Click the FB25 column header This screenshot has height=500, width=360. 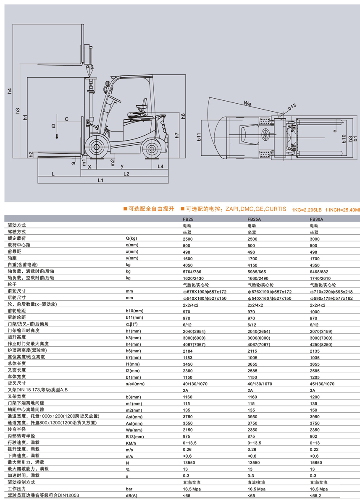(x=188, y=219)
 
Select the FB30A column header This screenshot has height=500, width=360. (x=316, y=219)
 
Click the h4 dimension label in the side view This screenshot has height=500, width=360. (x=10, y=91)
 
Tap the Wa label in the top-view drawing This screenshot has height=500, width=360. (x=247, y=103)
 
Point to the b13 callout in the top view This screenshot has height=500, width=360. (x=292, y=107)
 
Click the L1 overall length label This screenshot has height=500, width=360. (x=100, y=180)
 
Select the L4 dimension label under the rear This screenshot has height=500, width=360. (x=160, y=166)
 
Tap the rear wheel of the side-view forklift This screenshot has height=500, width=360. (x=151, y=148)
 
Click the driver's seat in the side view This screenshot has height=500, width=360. (x=139, y=109)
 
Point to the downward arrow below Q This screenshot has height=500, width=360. (x=57, y=136)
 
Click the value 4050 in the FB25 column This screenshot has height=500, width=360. (x=188, y=265)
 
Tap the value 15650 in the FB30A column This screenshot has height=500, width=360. (x=315, y=462)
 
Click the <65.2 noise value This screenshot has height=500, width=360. (x=315, y=495)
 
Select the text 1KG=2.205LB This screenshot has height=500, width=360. (x=306, y=210)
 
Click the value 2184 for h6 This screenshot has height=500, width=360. (x=188, y=351)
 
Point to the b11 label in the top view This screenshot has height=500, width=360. (x=199, y=137)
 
